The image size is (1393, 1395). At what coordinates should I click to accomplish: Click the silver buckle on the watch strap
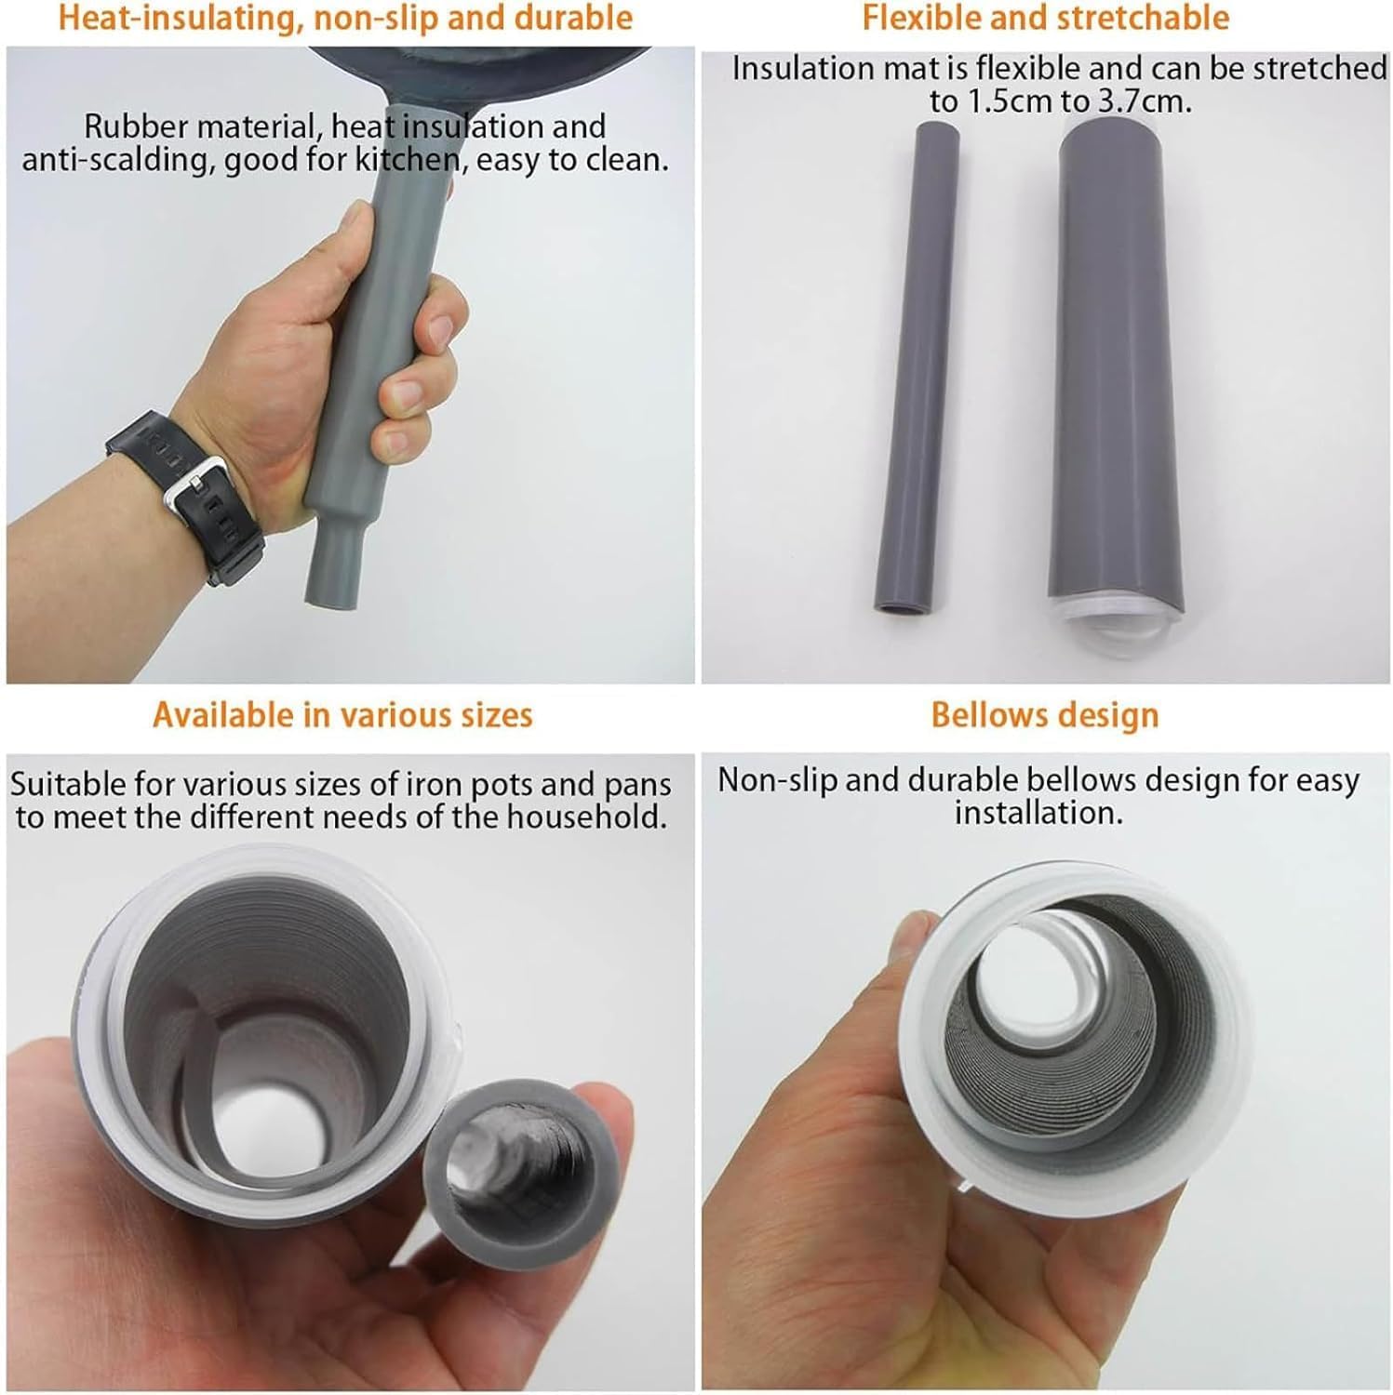click(x=189, y=488)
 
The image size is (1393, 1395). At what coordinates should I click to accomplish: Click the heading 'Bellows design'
click(x=1045, y=715)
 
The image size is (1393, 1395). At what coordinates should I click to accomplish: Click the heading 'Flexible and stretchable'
click(x=1045, y=17)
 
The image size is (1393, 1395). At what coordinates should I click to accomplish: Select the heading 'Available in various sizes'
click(x=342, y=715)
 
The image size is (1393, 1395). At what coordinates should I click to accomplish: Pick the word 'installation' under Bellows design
click(x=1038, y=813)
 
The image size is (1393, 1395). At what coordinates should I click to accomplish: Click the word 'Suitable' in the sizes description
click(x=69, y=785)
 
